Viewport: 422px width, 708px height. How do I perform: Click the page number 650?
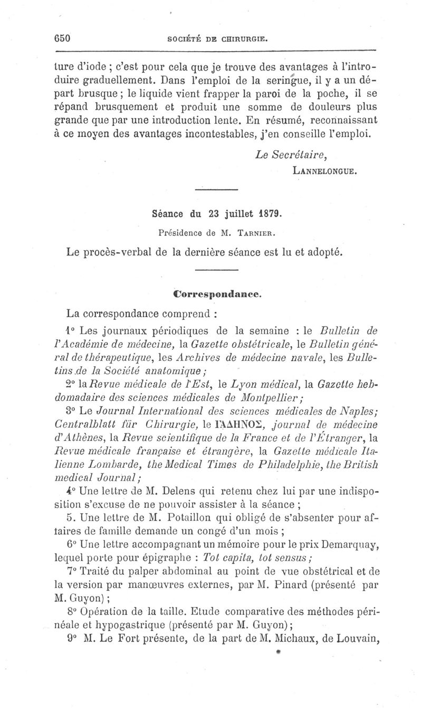click(63, 38)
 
